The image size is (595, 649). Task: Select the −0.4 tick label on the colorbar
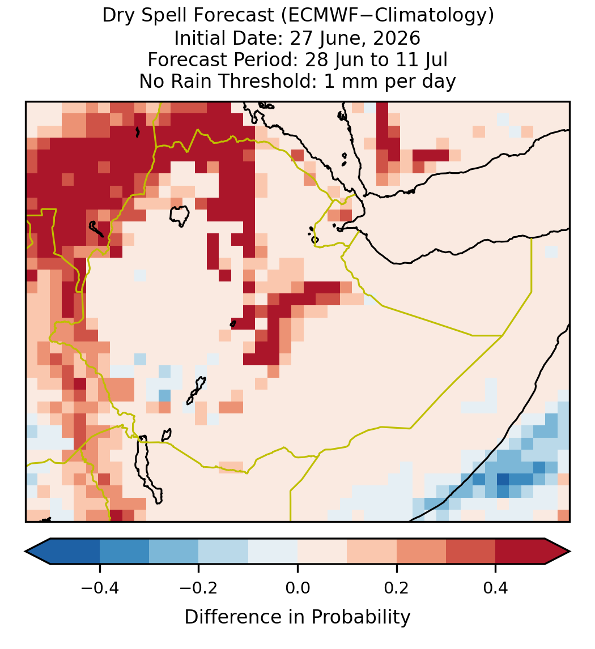[x=99, y=587]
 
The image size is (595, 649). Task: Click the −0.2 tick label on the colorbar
[x=198, y=587]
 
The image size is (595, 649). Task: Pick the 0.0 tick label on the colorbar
[x=297, y=587]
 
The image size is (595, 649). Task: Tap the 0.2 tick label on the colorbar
[x=397, y=587]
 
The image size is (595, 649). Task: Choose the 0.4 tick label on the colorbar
[x=496, y=587]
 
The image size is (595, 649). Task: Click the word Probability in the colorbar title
[x=360, y=617]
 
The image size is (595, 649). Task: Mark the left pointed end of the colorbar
[x=25, y=552]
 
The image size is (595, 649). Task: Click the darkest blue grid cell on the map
[x=503, y=479]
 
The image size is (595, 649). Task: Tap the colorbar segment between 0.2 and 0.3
[x=421, y=552]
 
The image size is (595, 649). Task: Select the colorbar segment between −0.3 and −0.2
[x=173, y=552]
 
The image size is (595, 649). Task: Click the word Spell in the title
[x=165, y=16]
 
